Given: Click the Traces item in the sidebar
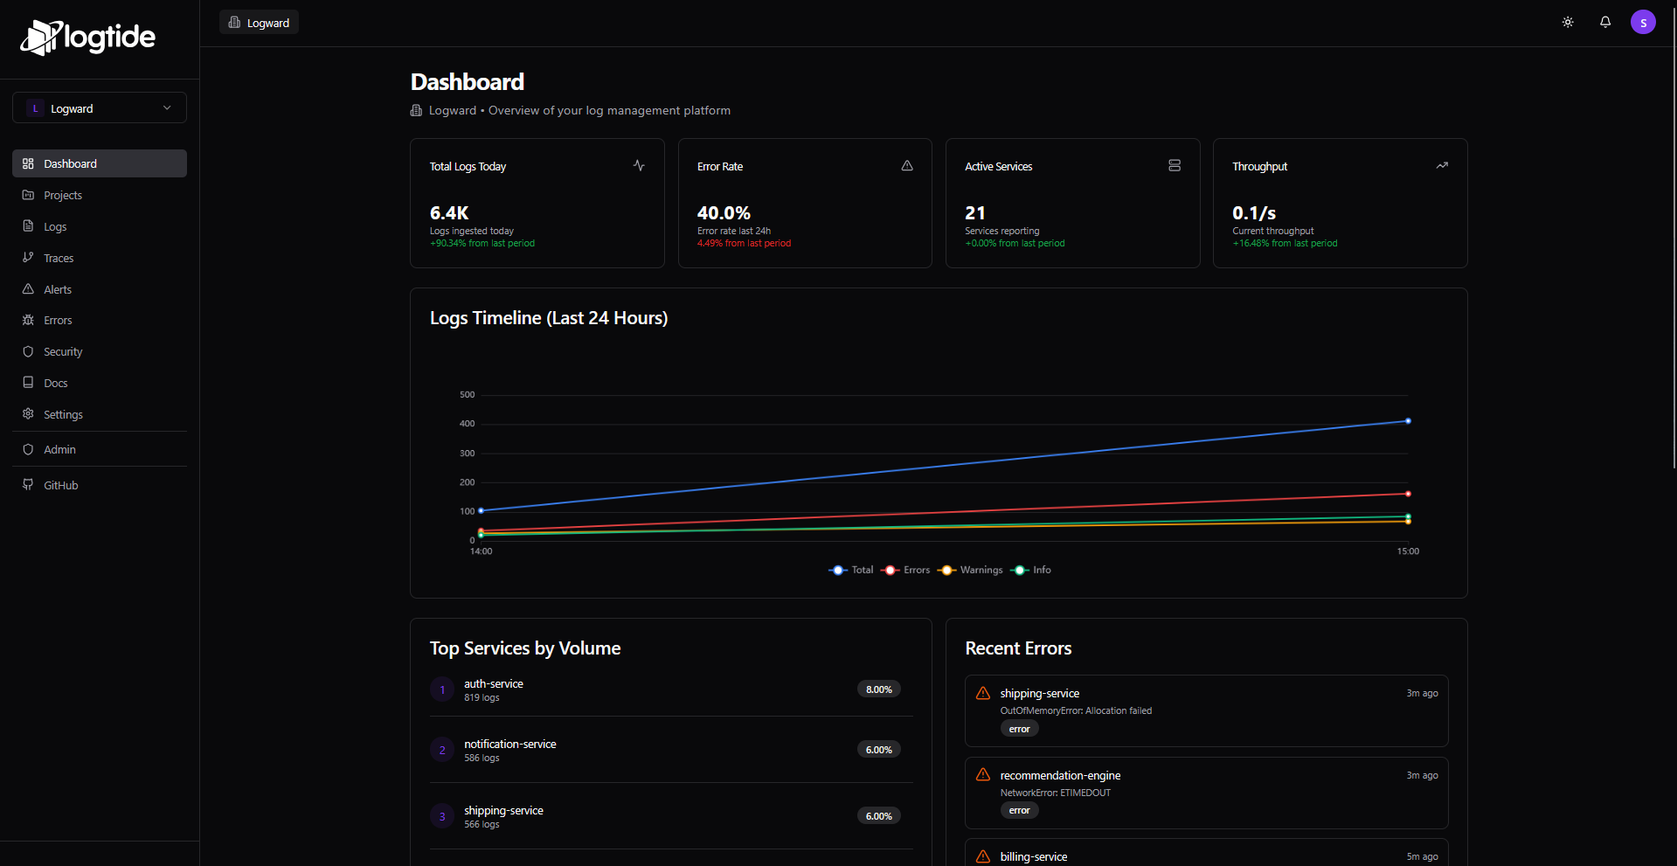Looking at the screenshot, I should pyautogui.click(x=59, y=258).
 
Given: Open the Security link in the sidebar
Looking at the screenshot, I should pyautogui.click(x=63, y=351).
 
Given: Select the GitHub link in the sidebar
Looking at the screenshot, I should pyautogui.click(x=60, y=485).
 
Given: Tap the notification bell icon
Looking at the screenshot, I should pyautogui.click(x=1605, y=22).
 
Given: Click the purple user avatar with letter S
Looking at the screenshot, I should pyautogui.click(x=1643, y=22).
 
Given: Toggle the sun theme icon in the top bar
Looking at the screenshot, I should pyautogui.click(x=1568, y=22).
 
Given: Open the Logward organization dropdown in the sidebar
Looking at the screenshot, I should pyautogui.click(x=100, y=108).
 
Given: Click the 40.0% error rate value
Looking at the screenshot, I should pyautogui.click(x=724, y=213).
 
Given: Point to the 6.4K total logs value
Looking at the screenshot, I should pyautogui.click(x=449, y=213).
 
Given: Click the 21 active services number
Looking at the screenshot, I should pyautogui.click(x=975, y=213).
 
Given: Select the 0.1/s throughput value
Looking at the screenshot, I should pyautogui.click(x=1254, y=213).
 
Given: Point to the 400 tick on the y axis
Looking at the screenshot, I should pyautogui.click(x=468, y=424).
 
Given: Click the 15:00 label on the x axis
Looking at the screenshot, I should pyautogui.click(x=1408, y=551).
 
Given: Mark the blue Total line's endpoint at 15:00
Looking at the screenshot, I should pyautogui.click(x=1408, y=421).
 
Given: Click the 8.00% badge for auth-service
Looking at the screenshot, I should pyautogui.click(x=878, y=689).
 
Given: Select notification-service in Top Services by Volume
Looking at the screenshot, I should pyautogui.click(x=509, y=745).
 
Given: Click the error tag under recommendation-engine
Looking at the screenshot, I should pyautogui.click(x=1019, y=811).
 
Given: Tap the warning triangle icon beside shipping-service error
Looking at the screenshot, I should pyautogui.click(x=983, y=693).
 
